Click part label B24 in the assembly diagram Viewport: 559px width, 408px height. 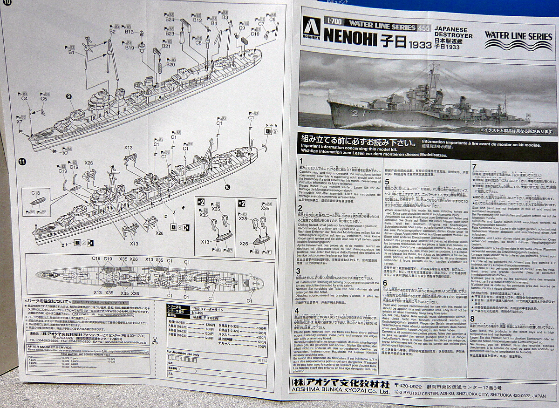(170, 20)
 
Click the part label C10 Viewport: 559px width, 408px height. (255, 34)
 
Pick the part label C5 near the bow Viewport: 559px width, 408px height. (44, 99)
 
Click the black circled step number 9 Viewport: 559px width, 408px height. (69, 96)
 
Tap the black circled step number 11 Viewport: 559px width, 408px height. (21, 162)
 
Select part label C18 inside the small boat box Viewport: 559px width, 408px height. (35, 193)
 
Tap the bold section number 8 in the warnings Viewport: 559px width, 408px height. (472, 319)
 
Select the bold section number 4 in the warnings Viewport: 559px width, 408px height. (297, 310)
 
